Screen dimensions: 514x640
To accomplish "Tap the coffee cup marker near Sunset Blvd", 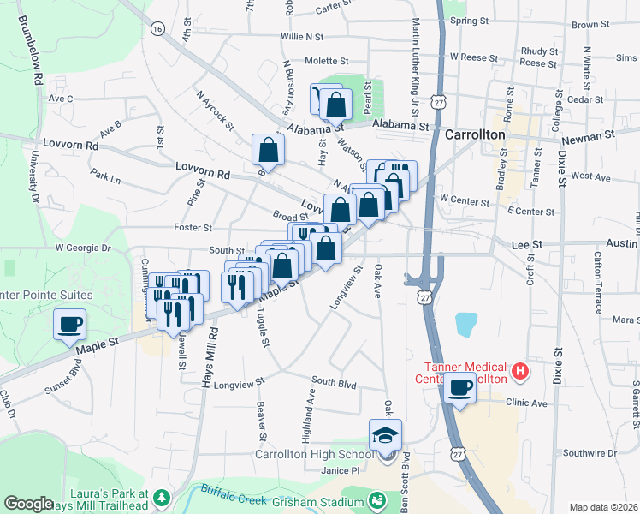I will (x=70, y=325).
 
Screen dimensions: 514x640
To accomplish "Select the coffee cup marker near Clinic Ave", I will (x=460, y=388).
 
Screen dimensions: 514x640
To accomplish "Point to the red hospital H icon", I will (x=519, y=372).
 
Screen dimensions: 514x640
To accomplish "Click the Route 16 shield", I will (x=156, y=28).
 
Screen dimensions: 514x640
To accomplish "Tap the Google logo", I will (x=28, y=504).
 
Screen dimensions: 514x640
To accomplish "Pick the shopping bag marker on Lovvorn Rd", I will (x=269, y=151).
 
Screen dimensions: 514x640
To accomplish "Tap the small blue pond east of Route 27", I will (x=465, y=323).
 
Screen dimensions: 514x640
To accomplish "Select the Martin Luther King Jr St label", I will (x=417, y=69).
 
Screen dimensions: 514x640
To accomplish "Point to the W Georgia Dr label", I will (x=83, y=248).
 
